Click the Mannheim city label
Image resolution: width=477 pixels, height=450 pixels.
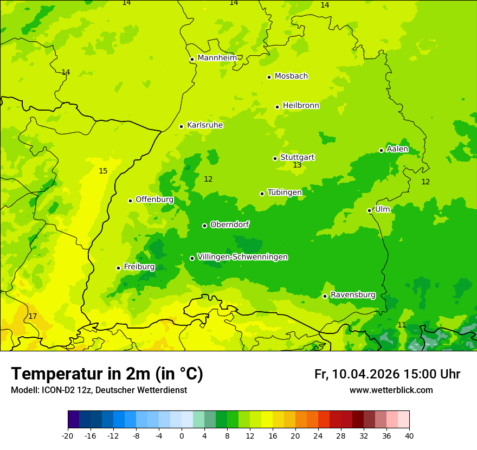[x=217, y=58]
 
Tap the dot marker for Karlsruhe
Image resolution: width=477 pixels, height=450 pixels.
[x=181, y=126]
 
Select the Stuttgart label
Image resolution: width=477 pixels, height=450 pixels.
[x=297, y=157]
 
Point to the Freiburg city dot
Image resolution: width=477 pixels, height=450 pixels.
[x=118, y=268]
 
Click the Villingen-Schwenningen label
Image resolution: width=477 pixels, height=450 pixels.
[x=242, y=257]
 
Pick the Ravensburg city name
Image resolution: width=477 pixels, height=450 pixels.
[x=353, y=295]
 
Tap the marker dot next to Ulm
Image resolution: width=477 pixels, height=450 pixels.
[x=369, y=210]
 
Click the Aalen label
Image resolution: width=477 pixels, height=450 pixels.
[x=397, y=149]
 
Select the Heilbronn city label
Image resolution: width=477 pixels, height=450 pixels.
[x=301, y=106]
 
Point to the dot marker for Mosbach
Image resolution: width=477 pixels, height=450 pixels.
[x=269, y=77]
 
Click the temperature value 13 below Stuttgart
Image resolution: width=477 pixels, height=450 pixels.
[x=297, y=165]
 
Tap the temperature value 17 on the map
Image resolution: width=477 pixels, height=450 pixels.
[x=33, y=316]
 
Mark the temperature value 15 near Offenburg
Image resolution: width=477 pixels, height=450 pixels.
[x=103, y=171]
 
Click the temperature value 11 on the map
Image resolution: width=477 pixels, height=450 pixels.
[x=401, y=325]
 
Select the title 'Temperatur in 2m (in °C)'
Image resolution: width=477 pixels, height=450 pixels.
[x=107, y=374]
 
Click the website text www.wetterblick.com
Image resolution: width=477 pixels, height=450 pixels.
[x=391, y=390]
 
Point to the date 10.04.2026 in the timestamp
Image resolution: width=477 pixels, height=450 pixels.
[x=366, y=374]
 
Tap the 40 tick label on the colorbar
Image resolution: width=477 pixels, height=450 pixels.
[x=409, y=436]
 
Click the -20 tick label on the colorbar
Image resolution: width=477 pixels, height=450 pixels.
[x=68, y=436]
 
